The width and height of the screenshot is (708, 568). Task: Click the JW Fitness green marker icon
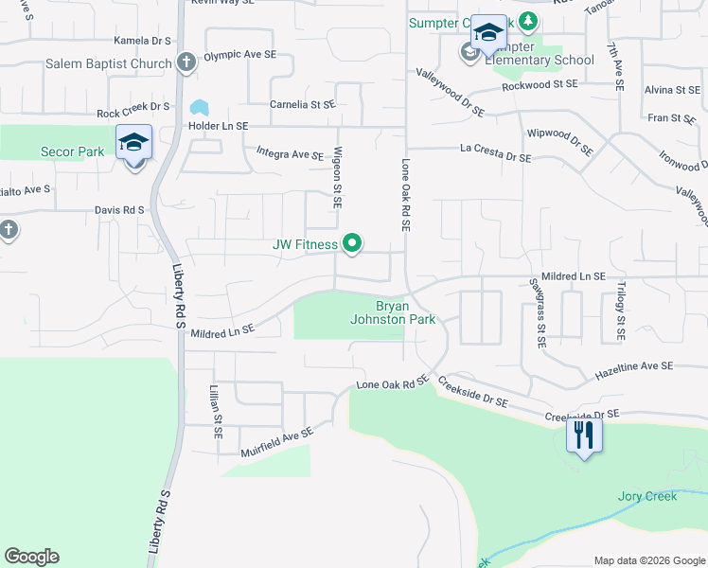[x=352, y=244]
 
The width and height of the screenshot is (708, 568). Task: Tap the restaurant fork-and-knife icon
[x=583, y=435]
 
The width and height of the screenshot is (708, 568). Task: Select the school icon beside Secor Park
[x=133, y=143]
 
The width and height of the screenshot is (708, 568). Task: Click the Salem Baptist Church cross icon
[x=186, y=63]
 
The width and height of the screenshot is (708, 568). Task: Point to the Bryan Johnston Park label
[x=406, y=312]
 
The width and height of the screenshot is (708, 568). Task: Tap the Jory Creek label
[x=646, y=496]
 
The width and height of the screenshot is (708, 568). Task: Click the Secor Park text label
[x=72, y=151]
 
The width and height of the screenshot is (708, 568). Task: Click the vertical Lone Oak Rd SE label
[x=405, y=195]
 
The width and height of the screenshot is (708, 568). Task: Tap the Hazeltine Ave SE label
[x=633, y=365]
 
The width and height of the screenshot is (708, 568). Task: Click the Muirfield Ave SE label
[x=276, y=439]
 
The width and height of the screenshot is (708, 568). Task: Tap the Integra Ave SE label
[x=291, y=153]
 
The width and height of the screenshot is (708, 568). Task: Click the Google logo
[x=32, y=557]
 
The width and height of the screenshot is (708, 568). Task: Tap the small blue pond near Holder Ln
[x=200, y=107]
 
